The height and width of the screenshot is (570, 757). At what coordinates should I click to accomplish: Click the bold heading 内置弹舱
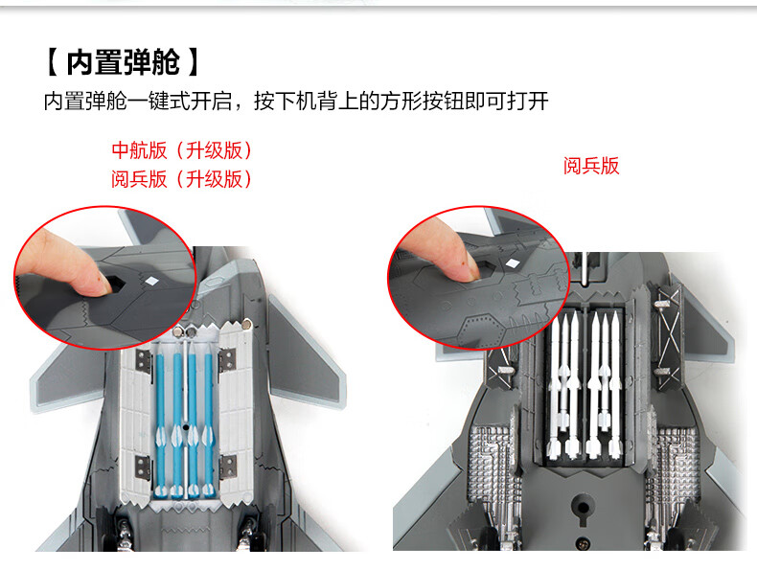(x=123, y=62)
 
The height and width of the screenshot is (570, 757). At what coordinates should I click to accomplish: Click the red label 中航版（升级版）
(x=182, y=150)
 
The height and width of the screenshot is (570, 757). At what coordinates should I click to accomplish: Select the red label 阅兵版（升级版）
(x=182, y=179)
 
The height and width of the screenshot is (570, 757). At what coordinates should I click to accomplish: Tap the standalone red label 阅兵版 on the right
(x=591, y=166)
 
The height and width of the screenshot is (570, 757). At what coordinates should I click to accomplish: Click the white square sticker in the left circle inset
(x=152, y=282)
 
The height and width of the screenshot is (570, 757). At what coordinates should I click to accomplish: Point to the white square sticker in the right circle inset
(x=513, y=263)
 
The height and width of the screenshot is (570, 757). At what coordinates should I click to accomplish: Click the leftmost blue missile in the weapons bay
(x=160, y=424)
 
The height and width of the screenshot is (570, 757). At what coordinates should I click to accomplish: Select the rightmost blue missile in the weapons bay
(x=208, y=424)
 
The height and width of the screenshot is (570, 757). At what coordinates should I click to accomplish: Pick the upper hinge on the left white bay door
(x=144, y=362)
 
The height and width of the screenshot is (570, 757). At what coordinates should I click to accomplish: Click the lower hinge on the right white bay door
(x=227, y=467)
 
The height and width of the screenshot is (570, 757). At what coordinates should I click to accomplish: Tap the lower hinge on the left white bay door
(x=144, y=467)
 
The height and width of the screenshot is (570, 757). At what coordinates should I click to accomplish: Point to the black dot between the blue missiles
(x=186, y=427)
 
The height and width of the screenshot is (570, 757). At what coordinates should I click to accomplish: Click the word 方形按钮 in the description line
(x=423, y=102)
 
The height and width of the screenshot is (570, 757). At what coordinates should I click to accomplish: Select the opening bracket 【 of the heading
(x=53, y=62)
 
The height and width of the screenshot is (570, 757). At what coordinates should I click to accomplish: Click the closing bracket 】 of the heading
(x=193, y=62)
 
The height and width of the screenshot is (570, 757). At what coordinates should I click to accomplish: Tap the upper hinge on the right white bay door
(x=226, y=361)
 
